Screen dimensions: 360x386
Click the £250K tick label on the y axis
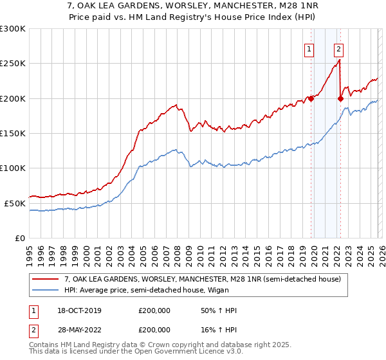[13, 64]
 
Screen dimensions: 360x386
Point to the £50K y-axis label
[15, 203]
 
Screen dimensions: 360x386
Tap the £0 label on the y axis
[20, 238]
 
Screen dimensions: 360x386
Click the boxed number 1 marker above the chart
[309, 48]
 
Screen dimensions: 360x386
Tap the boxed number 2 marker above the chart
[338, 48]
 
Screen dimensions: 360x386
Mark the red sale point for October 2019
[311, 98]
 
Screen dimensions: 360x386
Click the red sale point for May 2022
[340, 98]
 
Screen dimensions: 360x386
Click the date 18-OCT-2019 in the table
[79, 310]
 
